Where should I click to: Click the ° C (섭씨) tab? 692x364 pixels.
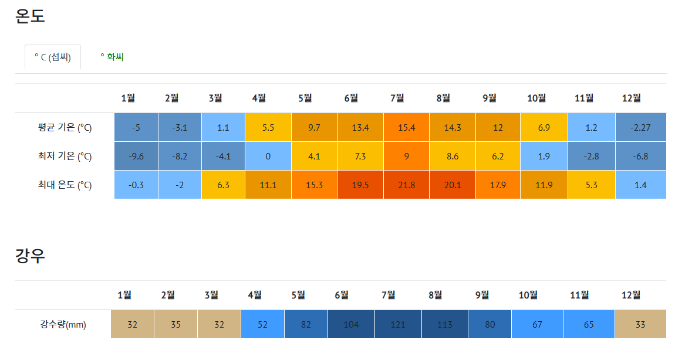pos(52,57)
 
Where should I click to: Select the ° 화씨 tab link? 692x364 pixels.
pos(112,57)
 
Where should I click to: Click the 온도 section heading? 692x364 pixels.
pos(30,16)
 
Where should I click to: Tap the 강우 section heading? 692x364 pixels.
pos(30,256)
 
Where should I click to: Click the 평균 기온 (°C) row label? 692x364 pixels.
pos(65,128)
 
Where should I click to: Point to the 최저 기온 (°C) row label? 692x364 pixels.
pos(65,157)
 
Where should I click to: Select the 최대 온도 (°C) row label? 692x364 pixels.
pos(65,185)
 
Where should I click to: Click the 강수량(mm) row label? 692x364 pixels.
pos(63,325)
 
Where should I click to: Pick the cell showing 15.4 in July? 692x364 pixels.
pos(407,127)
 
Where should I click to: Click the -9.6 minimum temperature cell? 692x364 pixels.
pos(136,156)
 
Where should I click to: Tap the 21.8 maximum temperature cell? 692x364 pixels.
pos(407,185)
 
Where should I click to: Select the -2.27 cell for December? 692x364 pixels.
pos(640,127)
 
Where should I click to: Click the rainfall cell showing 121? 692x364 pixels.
pos(398,324)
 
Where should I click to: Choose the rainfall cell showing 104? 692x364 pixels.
pos(352,324)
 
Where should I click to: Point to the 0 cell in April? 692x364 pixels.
pos(268,156)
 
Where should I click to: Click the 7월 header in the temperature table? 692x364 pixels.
pos(397,98)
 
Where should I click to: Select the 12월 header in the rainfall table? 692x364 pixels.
pos(631,295)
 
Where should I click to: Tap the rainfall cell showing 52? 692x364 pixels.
pos(262,324)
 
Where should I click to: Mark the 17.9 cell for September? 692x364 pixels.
pos(498,185)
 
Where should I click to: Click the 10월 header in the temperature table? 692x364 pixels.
pos(536,98)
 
